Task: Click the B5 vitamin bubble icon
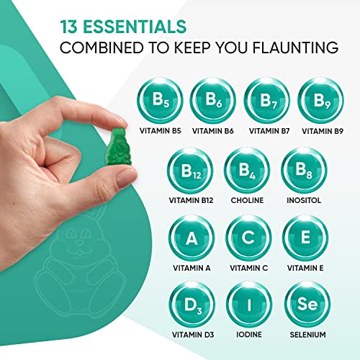tap(161, 100)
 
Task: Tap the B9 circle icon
tap(321, 100)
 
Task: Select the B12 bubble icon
tap(190, 171)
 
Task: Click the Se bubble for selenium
tap(307, 305)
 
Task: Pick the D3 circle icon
tap(192, 305)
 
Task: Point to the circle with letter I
tap(249, 305)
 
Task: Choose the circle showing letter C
tap(248, 238)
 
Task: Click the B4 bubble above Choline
tap(247, 171)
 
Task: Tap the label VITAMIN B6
tap(213, 131)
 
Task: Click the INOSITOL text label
tap(304, 200)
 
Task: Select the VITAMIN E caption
tap(305, 268)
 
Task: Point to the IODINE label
tap(249, 334)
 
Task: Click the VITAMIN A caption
tap(192, 268)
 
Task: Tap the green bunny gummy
tap(117, 146)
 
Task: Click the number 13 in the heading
tap(68, 27)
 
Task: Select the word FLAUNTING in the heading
tap(295, 48)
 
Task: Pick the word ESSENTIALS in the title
tap(135, 27)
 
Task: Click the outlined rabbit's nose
tap(79, 243)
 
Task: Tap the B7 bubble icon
tap(267, 100)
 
